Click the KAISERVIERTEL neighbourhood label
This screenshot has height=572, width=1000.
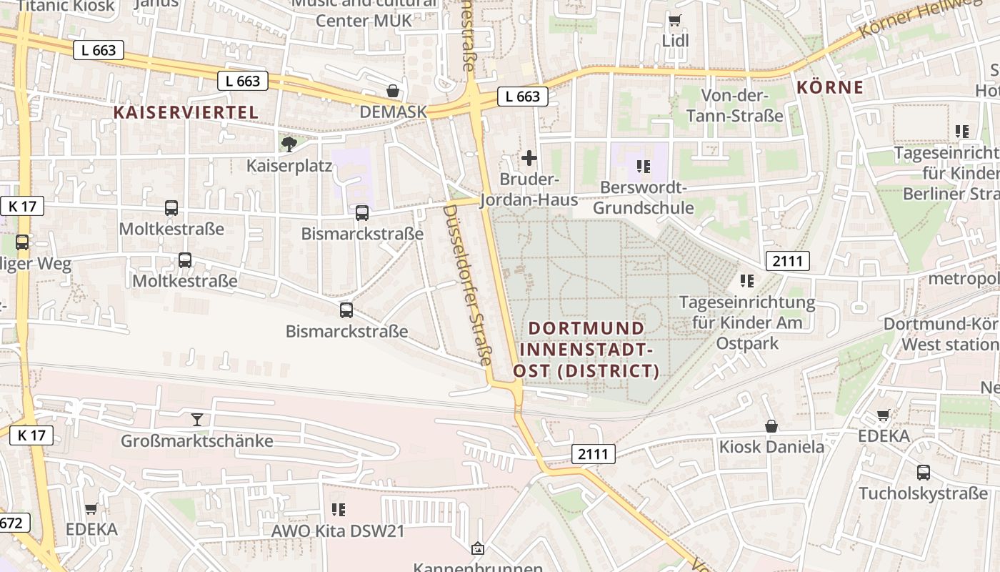click(x=186, y=112)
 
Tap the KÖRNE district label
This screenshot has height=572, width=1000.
click(x=829, y=88)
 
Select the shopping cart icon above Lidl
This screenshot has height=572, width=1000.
click(x=675, y=20)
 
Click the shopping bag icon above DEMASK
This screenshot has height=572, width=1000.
click(x=393, y=91)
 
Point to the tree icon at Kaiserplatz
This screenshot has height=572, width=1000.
click(x=289, y=145)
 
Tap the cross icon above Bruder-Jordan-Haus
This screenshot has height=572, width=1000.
click(x=529, y=158)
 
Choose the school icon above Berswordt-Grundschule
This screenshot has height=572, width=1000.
click(x=644, y=167)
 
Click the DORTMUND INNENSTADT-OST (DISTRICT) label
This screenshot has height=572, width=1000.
click(x=586, y=350)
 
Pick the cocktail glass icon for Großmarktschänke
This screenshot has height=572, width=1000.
click(x=197, y=420)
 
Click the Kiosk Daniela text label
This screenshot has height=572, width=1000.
click(x=771, y=448)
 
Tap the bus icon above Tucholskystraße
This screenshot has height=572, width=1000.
click(x=923, y=473)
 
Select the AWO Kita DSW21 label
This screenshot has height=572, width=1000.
click(x=338, y=531)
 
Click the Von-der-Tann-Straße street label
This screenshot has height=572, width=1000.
click(x=734, y=105)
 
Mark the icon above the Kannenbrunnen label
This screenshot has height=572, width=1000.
click(x=478, y=549)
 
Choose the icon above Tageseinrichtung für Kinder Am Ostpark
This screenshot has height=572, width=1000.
click(x=747, y=281)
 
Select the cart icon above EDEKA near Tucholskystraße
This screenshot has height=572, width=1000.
click(x=884, y=415)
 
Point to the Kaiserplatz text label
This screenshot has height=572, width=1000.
click(x=289, y=166)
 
